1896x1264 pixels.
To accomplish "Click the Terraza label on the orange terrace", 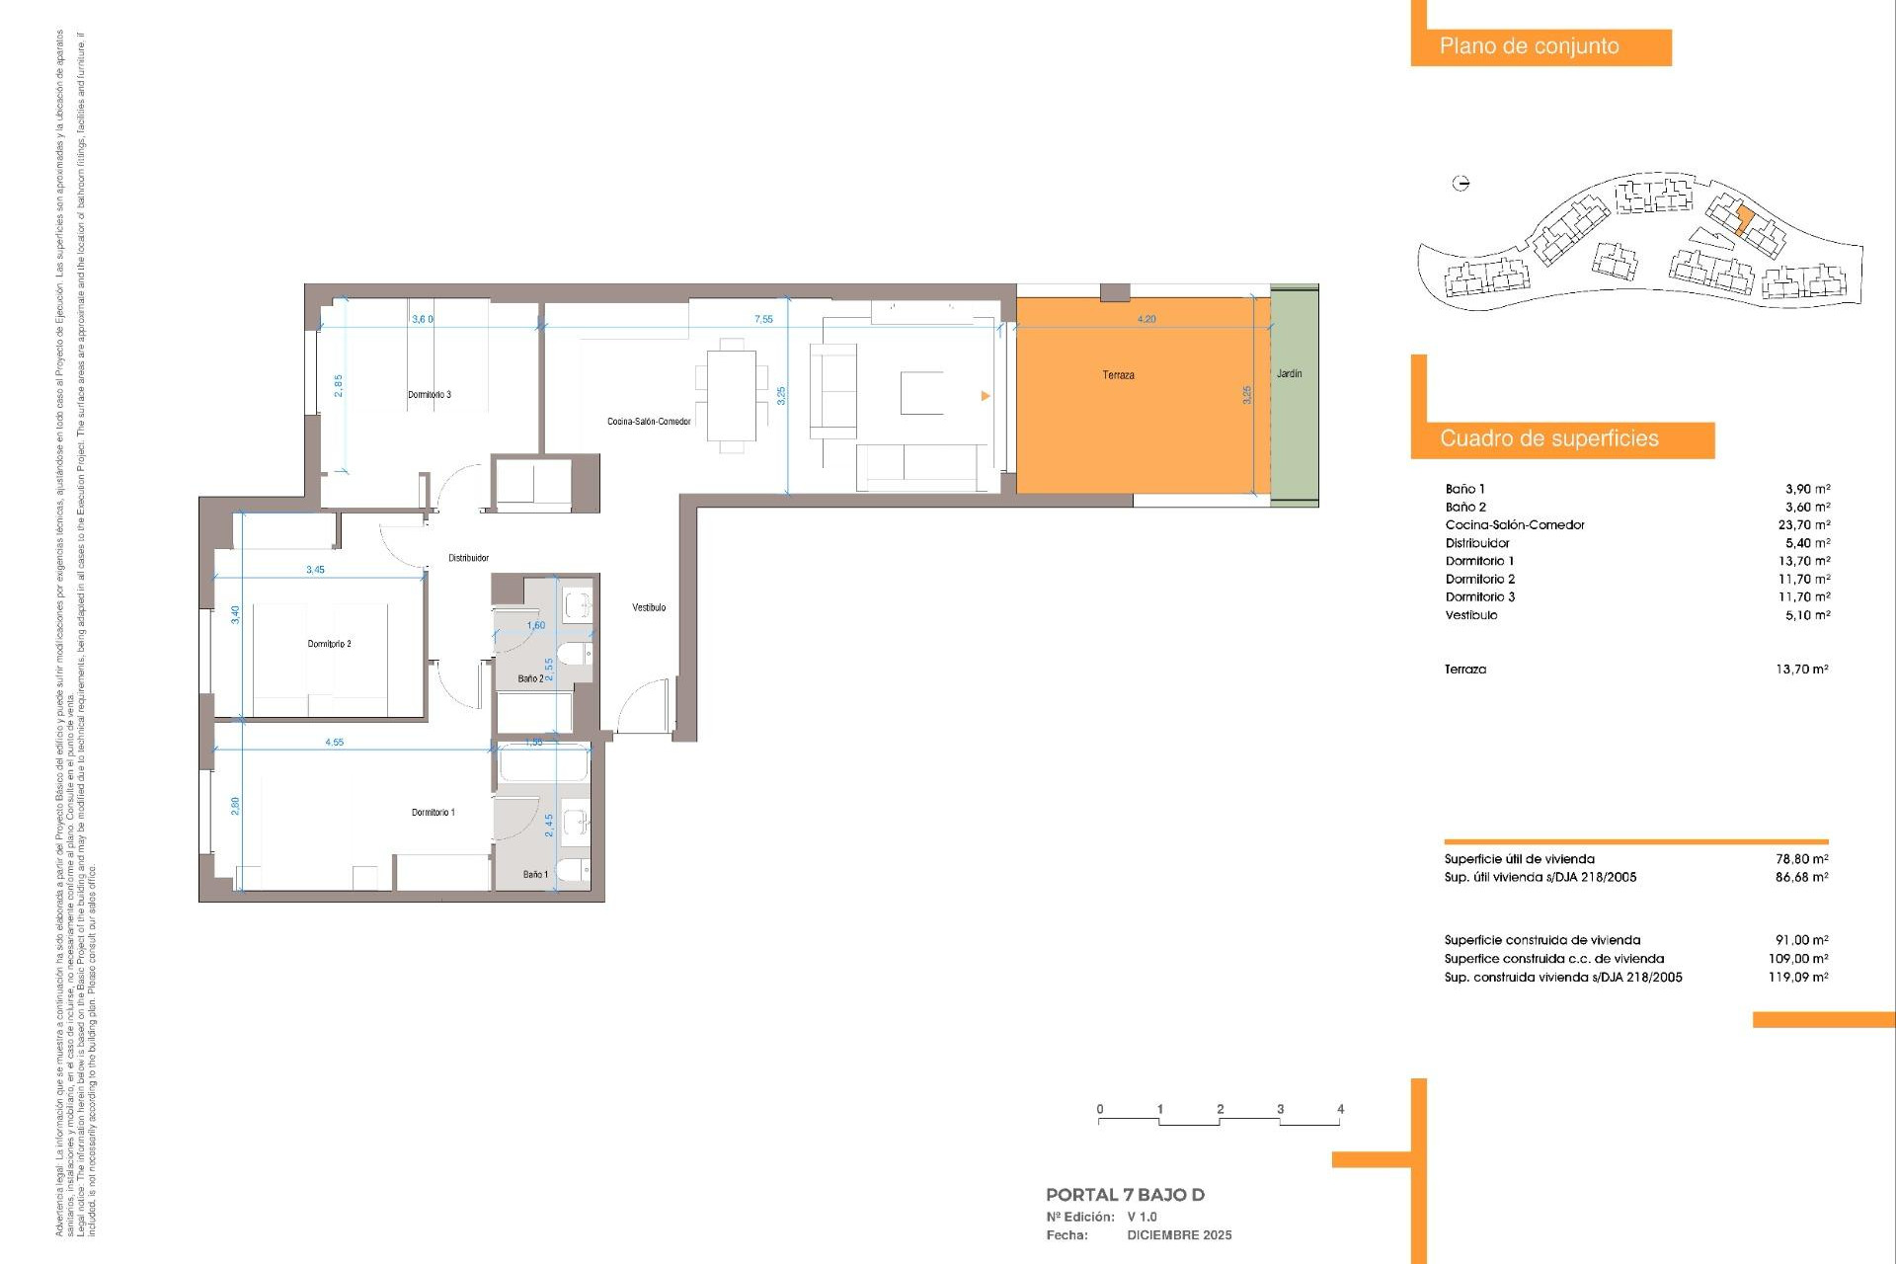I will tap(1118, 375).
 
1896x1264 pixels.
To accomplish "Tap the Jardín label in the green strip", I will tap(1289, 373).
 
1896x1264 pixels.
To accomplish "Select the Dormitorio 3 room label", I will tap(430, 395).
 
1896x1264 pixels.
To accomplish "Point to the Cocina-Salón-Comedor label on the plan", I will tap(649, 422).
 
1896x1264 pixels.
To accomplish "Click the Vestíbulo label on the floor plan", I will tap(649, 607).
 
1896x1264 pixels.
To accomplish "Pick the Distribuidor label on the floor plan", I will tap(468, 558).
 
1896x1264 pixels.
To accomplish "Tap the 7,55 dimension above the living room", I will tap(763, 319).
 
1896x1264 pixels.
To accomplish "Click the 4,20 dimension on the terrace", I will tap(1145, 319).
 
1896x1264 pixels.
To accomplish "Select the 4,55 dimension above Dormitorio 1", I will tap(335, 742).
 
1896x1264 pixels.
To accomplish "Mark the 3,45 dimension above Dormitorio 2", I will tap(315, 570).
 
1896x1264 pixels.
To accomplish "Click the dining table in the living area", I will tap(732, 395).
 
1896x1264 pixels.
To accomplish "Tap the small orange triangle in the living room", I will tap(985, 396).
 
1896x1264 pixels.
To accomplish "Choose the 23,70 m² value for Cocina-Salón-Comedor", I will tap(1803, 525).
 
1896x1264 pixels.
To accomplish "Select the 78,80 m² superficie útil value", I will tap(1801, 859).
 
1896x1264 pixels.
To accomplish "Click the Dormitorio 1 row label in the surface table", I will tap(1479, 561).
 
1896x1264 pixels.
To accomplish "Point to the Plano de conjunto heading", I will tap(1529, 46).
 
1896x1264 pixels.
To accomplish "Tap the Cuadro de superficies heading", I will tap(1548, 438).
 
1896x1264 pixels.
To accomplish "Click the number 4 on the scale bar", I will tap(1340, 1109).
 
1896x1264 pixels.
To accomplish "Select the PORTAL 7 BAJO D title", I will tap(1125, 1195).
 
